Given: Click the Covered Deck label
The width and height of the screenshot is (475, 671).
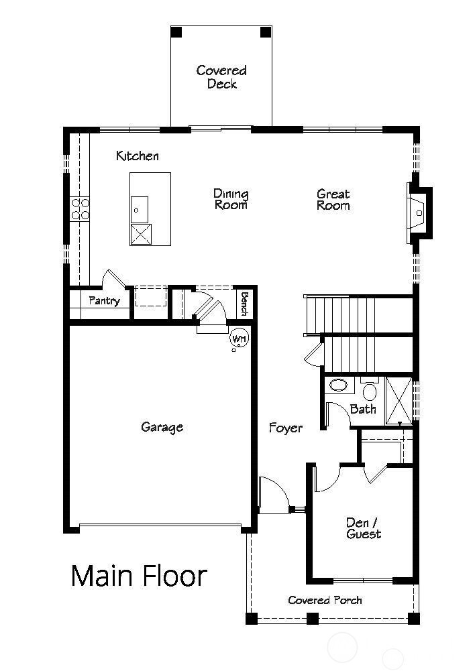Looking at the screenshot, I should pos(221,77).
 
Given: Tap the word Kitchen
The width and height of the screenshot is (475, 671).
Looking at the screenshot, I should pos(138,156).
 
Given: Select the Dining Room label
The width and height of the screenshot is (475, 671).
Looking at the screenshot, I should pos(231,199).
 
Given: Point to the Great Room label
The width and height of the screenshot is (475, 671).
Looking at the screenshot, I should pos(333,200).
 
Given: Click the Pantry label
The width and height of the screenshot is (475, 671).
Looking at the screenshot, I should pos(104,300).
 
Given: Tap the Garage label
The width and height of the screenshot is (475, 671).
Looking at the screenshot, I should pos(162,427).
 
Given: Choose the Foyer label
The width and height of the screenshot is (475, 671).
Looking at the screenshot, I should pos(286,428).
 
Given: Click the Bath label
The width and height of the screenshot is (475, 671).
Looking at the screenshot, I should pos(363,409).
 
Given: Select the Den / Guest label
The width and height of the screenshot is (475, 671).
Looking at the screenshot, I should pos(364,528).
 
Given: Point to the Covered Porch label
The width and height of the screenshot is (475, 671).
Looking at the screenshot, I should pos(325,600).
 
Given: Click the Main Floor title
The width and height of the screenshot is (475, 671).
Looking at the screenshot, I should pos(139,576).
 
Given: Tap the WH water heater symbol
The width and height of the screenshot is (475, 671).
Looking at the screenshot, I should pos(238,339).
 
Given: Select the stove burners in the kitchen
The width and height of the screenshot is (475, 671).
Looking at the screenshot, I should pos(81,208).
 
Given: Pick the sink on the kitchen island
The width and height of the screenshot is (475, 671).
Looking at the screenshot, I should pos(140,209).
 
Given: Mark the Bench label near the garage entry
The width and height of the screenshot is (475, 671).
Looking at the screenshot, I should pos(244,304).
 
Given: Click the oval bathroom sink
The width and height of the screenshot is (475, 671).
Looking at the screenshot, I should pos(339,386).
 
